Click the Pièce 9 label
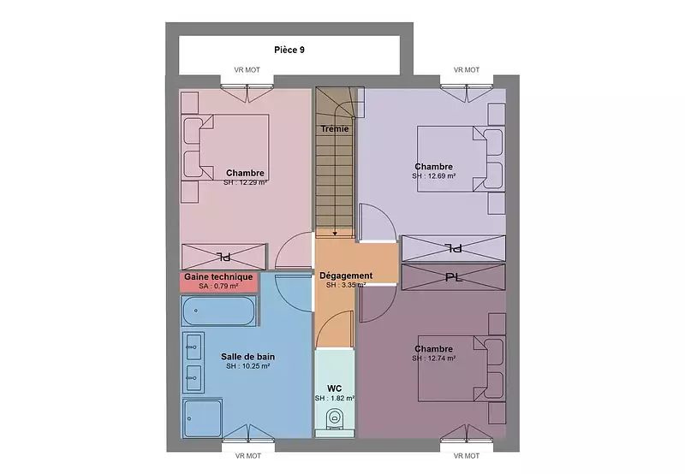tap(289, 50)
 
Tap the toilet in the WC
tap(335, 418)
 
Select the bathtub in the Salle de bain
tap(219, 311)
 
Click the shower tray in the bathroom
tap(202, 418)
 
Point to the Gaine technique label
tap(218, 276)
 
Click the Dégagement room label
tap(346, 276)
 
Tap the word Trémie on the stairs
tap(335, 128)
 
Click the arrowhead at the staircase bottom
tap(335, 234)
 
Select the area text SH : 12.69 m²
tap(434, 176)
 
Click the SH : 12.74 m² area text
tap(434, 358)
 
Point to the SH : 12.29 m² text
tap(245, 182)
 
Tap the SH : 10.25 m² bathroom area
tap(247, 366)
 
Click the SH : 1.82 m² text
tap(335, 398)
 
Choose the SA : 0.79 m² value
tap(218, 287)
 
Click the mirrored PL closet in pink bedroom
tap(223, 257)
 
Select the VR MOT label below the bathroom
tap(248, 456)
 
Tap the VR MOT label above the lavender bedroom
tap(467, 70)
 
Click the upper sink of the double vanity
tap(194, 347)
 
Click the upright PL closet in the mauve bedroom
tap(454, 277)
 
